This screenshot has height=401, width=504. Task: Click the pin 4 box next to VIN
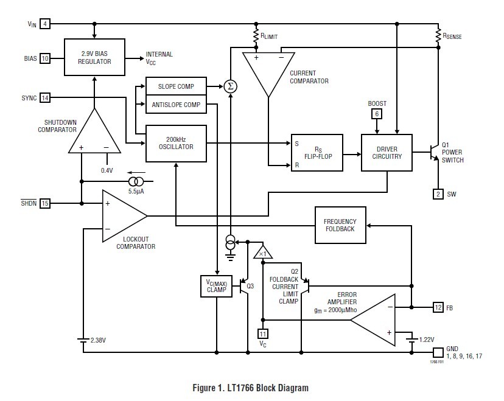pyautogui.click(x=46, y=24)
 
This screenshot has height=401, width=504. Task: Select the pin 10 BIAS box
pyautogui.click(x=46, y=58)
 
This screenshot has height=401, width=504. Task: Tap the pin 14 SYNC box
pyautogui.click(x=46, y=97)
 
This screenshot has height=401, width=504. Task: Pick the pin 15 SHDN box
pyautogui.click(x=46, y=203)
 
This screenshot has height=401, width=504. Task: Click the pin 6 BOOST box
pyautogui.click(x=377, y=114)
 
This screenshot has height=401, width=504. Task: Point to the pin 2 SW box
pyautogui.click(x=438, y=194)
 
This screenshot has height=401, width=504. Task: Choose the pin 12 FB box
pyautogui.click(x=438, y=308)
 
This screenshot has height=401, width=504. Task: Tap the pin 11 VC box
pyautogui.click(x=263, y=333)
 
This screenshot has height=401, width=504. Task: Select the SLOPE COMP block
pyautogui.click(x=176, y=86)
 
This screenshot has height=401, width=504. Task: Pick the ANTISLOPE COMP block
pyautogui.click(x=176, y=105)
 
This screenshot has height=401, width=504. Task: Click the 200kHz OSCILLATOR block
pyautogui.click(x=176, y=143)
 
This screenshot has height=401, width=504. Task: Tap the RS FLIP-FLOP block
pyautogui.click(x=317, y=153)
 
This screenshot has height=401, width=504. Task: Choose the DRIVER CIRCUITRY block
pyautogui.click(x=387, y=152)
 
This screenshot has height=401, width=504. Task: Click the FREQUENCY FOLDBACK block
pyautogui.click(x=340, y=225)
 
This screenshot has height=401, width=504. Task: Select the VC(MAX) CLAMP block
pyautogui.click(x=216, y=286)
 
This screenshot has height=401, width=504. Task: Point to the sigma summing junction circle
pyautogui.click(x=230, y=86)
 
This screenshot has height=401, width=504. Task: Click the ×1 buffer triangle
pyautogui.click(x=263, y=253)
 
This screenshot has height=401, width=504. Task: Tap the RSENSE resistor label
pyautogui.click(x=452, y=37)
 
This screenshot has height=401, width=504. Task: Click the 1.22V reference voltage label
pyautogui.click(x=426, y=339)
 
